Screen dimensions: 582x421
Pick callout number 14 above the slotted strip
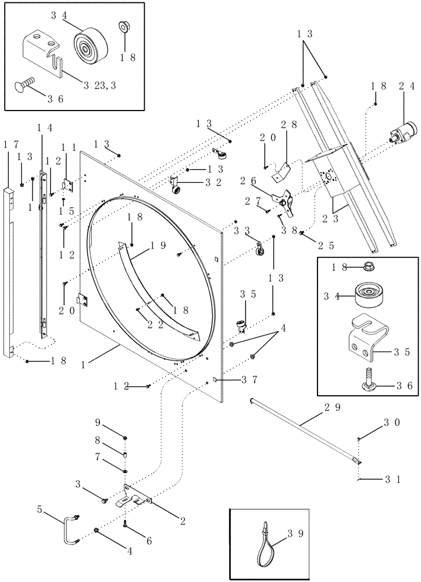point(44,127)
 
